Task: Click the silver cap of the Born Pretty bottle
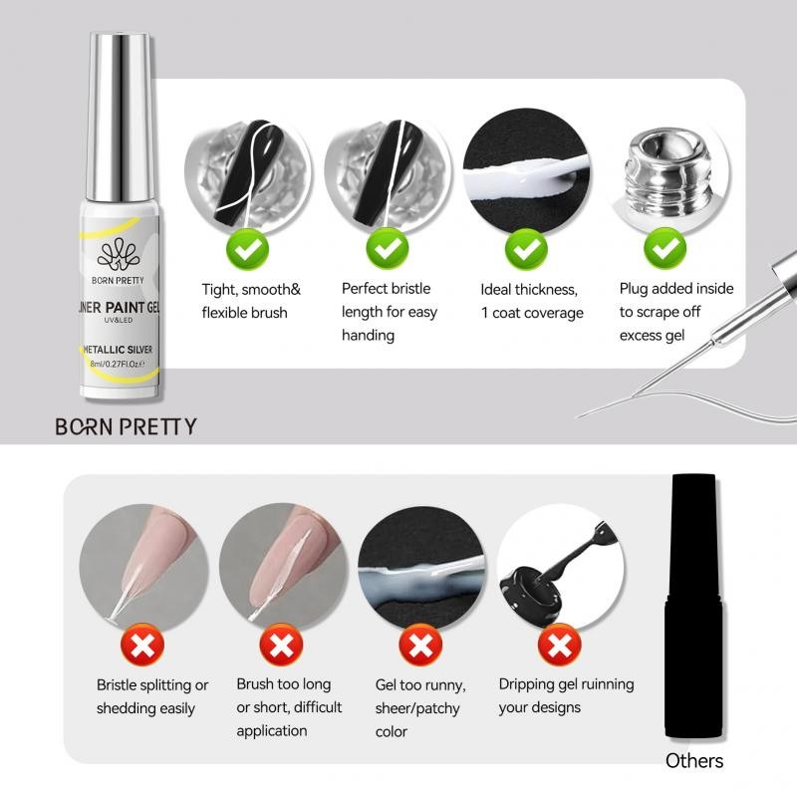pyautogui.click(x=121, y=117)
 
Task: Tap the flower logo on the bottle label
pyautogui.click(x=118, y=255)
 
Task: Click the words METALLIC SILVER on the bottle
pyautogui.click(x=118, y=350)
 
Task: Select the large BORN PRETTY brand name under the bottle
pyautogui.click(x=126, y=426)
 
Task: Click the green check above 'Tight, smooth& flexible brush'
pyautogui.click(x=247, y=249)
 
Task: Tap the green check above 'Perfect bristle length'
pyautogui.click(x=388, y=249)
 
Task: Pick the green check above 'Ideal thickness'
pyautogui.click(x=526, y=249)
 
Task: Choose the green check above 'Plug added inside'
pyautogui.click(x=665, y=249)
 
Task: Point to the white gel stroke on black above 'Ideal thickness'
pyautogui.click(x=526, y=175)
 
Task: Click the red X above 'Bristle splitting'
pyautogui.click(x=142, y=646)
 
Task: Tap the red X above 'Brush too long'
pyautogui.click(x=282, y=646)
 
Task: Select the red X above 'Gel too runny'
pyautogui.click(x=420, y=646)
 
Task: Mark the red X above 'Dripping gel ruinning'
pyautogui.click(x=560, y=646)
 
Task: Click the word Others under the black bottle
pyautogui.click(x=694, y=761)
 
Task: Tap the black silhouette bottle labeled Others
pyautogui.click(x=694, y=606)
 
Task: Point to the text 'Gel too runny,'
pyautogui.click(x=420, y=685)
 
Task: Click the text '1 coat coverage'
pyautogui.click(x=532, y=313)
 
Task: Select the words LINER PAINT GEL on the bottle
pyautogui.click(x=119, y=307)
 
